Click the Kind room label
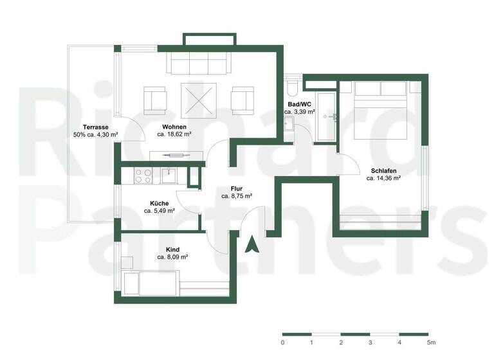[172, 249]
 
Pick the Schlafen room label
[383, 170]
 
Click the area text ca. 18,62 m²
[174, 134]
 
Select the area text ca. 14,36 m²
[383, 178]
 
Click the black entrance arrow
[253, 245]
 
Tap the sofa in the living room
[199, 63]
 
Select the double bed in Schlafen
[380, 109]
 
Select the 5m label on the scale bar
[431, 343]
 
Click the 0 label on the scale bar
[282, 343]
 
